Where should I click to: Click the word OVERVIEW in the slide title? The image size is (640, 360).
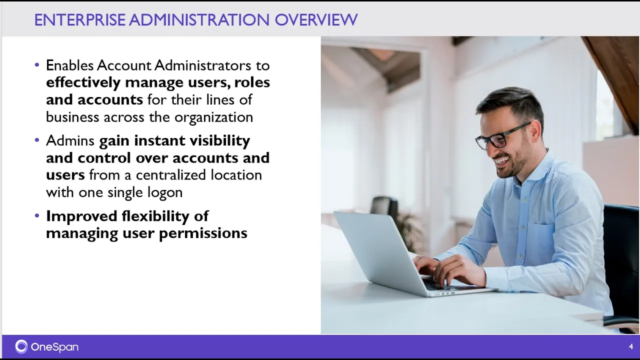point(316,19)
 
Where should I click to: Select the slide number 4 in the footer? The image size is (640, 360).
point(631,346)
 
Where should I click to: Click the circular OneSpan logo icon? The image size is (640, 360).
point(21,346)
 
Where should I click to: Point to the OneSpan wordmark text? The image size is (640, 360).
point(54,347)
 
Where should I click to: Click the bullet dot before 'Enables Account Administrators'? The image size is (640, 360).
point(37,65)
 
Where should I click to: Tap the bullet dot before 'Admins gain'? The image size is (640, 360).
point(37,140)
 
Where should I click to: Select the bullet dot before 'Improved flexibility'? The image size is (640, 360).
point(37,215)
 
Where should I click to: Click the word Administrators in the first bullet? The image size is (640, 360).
point(202,65)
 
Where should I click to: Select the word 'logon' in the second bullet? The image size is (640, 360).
point(165,192)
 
